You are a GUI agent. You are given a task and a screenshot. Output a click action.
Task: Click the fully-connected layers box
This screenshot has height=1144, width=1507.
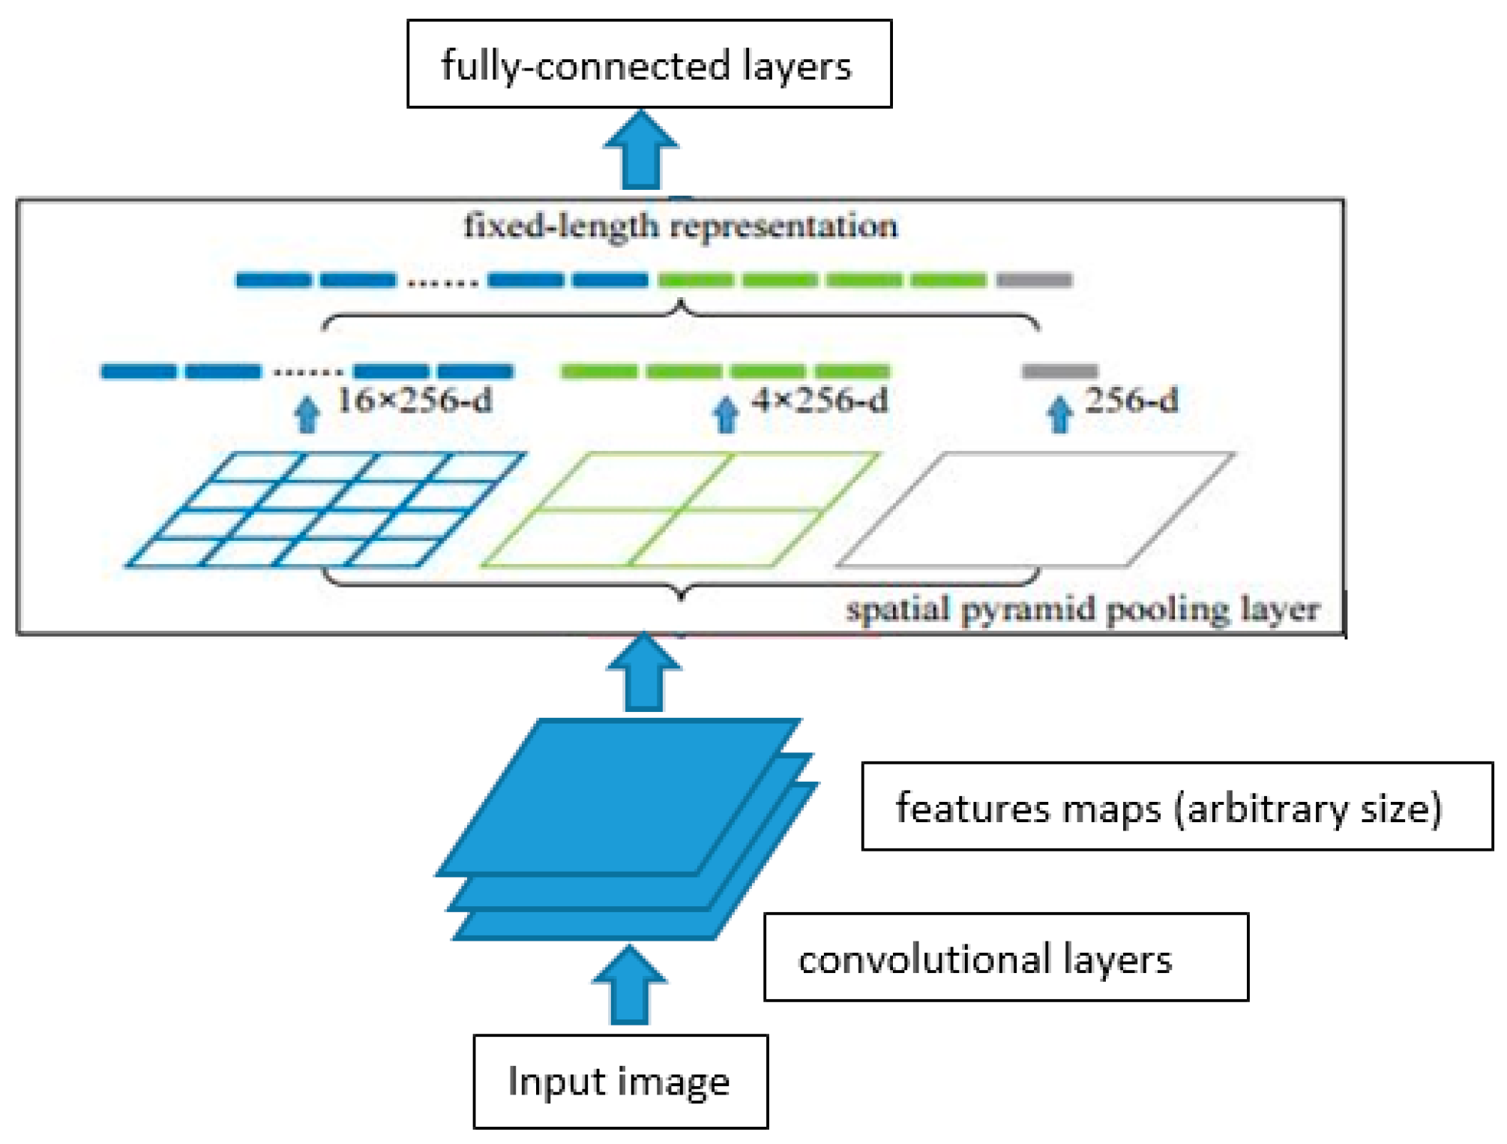(649, 64)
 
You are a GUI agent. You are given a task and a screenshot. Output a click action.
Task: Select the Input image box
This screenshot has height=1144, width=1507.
(620, 1081)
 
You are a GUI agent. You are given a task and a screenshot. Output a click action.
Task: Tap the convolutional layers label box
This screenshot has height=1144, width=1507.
(1005, 957)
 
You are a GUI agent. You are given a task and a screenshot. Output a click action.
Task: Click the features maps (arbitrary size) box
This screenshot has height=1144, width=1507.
(1176, 806)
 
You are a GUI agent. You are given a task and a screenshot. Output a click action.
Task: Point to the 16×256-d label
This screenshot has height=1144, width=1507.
(415, 400)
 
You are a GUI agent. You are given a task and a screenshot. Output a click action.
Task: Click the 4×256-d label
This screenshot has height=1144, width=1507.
(820, 400)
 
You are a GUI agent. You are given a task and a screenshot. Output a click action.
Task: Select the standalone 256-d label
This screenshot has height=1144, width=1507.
(1131, 400)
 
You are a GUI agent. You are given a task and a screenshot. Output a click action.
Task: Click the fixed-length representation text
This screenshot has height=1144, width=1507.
(680, 225)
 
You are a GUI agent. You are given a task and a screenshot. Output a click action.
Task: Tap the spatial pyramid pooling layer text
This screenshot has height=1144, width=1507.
(1083, 609)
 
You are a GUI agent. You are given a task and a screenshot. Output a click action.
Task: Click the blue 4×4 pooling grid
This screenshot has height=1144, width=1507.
(326, 509)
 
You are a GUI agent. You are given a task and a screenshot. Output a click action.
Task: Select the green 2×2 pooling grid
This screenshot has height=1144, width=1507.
(679, 509)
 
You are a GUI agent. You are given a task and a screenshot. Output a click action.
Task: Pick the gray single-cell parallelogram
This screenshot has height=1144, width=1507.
(1035, 509)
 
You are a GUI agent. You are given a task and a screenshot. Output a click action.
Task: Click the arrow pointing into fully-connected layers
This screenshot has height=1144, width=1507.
(641, 150)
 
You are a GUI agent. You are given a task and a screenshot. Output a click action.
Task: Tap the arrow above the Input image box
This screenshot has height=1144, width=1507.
(629, 985)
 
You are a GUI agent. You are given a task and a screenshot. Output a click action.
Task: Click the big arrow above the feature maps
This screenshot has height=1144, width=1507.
(643, 673)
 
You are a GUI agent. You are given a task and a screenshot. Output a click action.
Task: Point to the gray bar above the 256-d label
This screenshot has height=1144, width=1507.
(1059, 371)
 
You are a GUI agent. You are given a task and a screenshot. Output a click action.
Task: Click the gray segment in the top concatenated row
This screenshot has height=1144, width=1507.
(1034, 281)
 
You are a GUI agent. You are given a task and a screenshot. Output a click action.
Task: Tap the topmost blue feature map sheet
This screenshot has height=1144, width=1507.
(619, 795)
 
